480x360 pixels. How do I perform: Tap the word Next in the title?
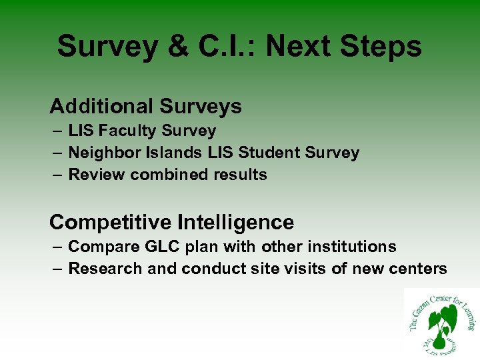click(x=303, y=47)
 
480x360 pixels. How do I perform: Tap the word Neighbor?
click(x=101, y=153)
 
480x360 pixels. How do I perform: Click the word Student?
click(x=269, y=153)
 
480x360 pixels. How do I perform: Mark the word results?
click(x=238, y=175)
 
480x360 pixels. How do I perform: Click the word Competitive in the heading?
click(x=108, y=222)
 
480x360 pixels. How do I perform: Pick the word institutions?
click(x=353, y=247)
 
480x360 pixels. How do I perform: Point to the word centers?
click(x=421, y=269)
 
